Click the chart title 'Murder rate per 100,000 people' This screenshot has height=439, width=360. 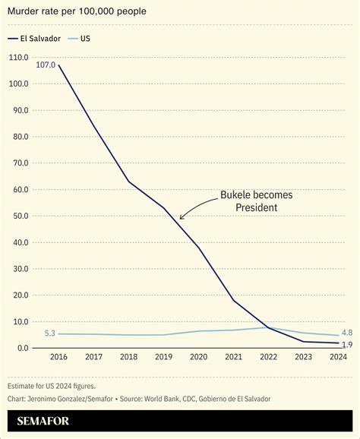[x=77, y=11]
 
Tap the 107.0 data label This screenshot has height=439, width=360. [x=45, y=65]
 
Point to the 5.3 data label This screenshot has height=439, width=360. [x=50, y=333]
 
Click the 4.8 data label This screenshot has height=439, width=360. [x=346, y=333]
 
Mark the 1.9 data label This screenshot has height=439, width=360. [x=346, y=346]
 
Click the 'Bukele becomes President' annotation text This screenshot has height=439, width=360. [x=256, y=201]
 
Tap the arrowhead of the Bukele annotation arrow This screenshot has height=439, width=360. [x=181, y=219]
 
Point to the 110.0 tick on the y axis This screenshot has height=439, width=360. [x=18, y=58]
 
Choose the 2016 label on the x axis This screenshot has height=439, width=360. [x=58, y=357]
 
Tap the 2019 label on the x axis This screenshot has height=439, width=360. [x=163, y=357]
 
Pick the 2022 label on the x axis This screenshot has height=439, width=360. [x=267, y=357]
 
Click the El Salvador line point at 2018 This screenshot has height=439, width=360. [x=128, y=182]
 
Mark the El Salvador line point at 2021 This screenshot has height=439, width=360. [x=232, y=300]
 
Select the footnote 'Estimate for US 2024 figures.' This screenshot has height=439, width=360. [x=52, y=386]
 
